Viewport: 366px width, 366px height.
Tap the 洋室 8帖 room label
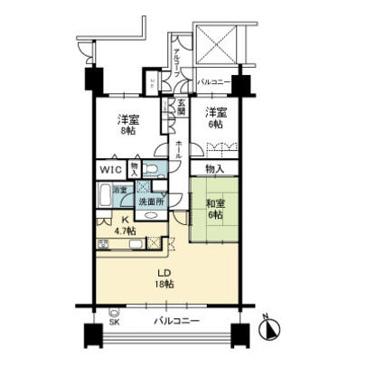[x=126, y=123]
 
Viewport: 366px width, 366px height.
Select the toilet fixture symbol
[x=154, y=169]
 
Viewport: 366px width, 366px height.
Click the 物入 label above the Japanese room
[x=214, y=169]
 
